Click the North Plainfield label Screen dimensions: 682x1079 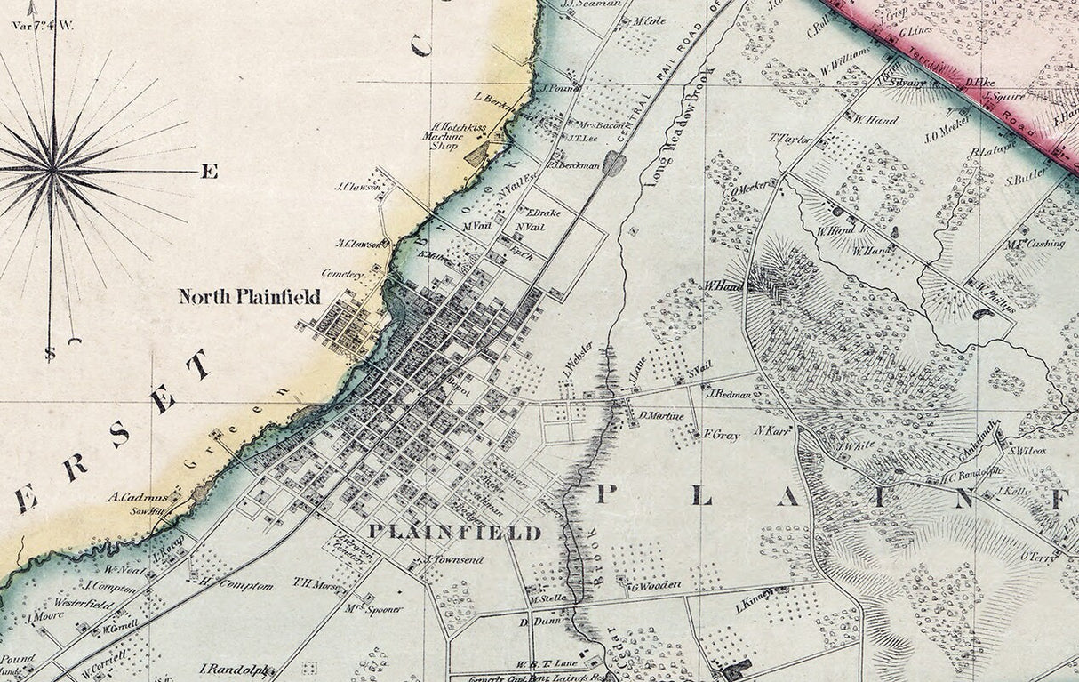(249, 297)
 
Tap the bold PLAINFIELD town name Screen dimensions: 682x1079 (454, 533)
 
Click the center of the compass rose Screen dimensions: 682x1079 (53, 166)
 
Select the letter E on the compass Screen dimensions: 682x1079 (209, 172)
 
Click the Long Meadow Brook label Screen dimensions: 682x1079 (681, 125)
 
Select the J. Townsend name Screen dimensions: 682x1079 (454, 559)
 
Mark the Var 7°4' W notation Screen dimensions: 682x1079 (43, 25)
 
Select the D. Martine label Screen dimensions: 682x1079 (661, 415)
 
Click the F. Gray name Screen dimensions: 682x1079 (721, 436)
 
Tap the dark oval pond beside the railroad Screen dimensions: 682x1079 (614, 163)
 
